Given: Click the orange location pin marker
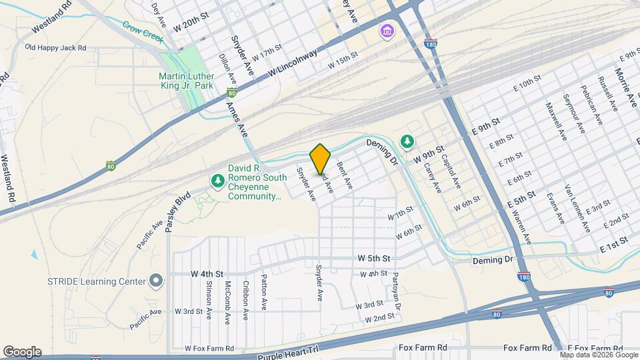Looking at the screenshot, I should [x=320, y=158].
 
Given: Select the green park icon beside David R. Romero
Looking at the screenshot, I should [x=217, y=181].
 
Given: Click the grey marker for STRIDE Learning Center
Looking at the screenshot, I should [x=156, y=281].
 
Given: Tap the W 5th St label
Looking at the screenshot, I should [x=373, y=257].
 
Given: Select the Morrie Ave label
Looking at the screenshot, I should [x=625, y=87].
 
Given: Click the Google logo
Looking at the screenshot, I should [x=22, y=351].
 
